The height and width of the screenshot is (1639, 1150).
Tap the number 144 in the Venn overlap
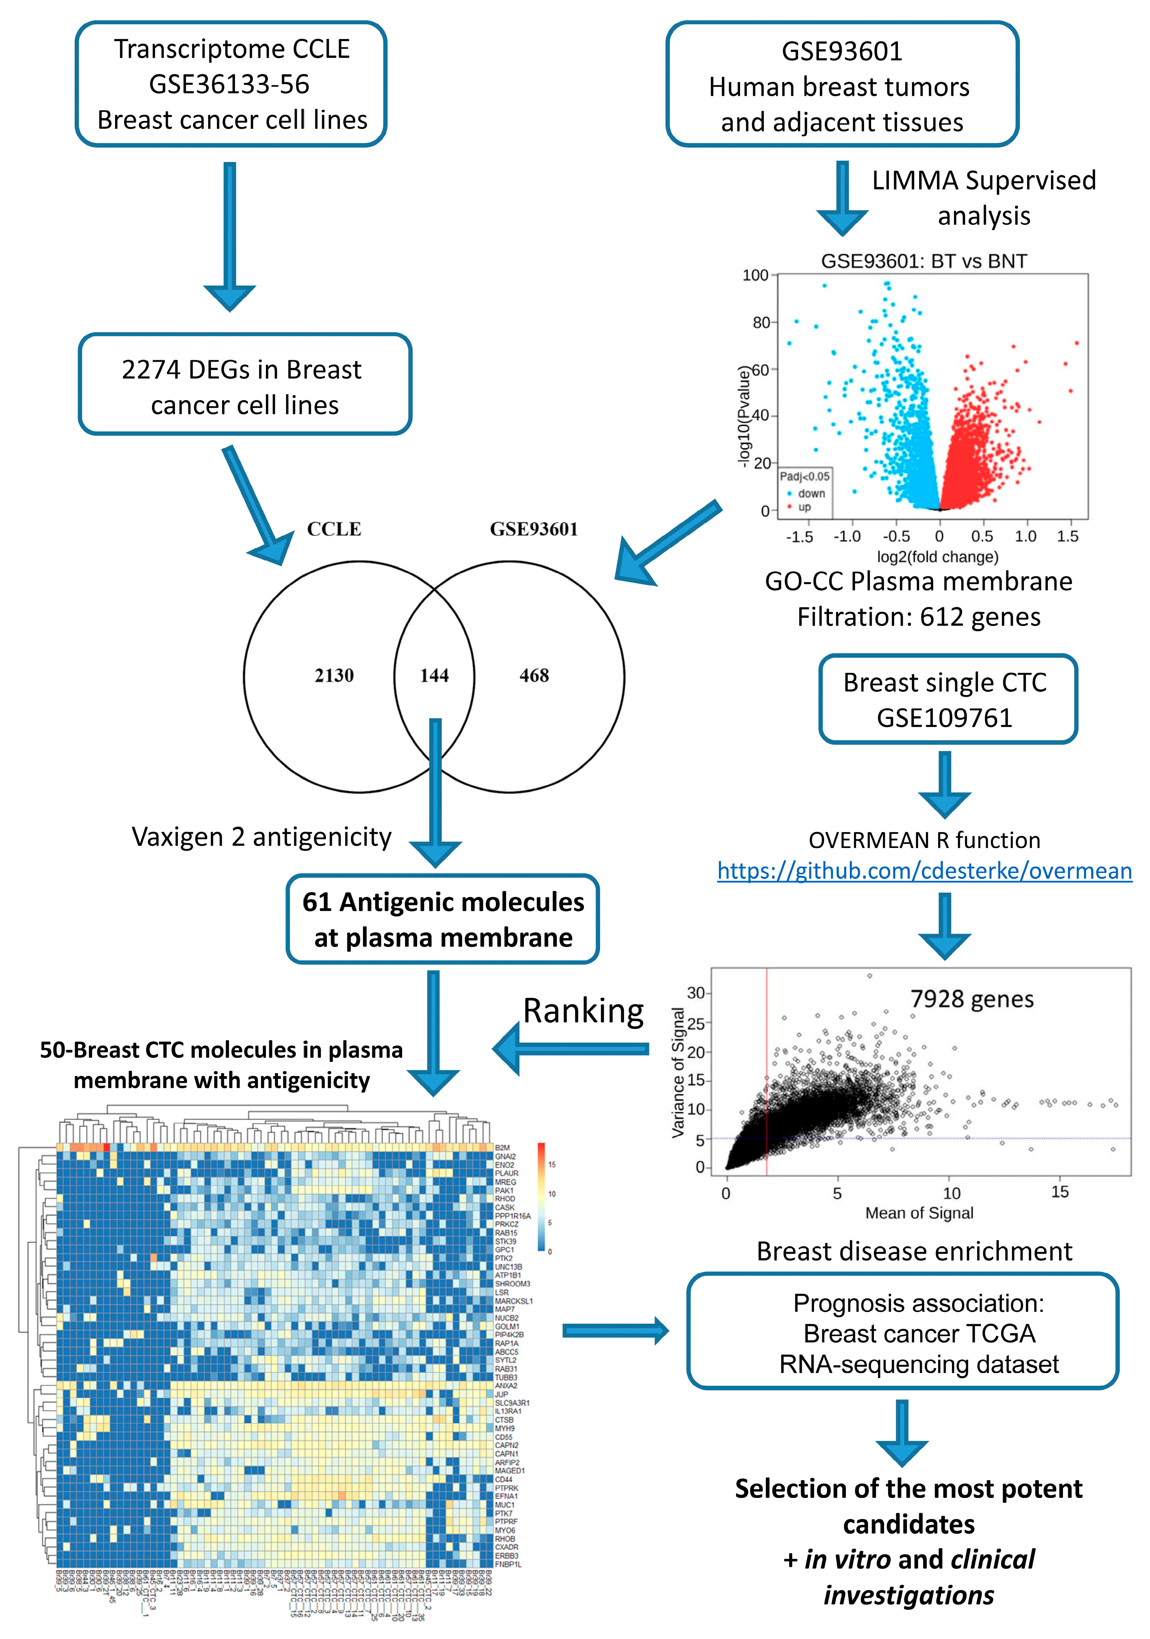point(434,675)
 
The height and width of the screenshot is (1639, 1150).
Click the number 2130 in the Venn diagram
point(334,675)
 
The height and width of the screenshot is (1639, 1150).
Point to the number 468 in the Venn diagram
point(534,675)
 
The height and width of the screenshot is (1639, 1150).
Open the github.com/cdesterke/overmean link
point(924,871)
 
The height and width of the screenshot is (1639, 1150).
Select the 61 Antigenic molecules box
point(442,919)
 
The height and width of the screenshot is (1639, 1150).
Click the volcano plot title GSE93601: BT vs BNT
point(924,261)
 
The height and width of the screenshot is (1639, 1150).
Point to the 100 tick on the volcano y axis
point(755,275)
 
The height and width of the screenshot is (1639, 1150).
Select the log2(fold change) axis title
point(937,557)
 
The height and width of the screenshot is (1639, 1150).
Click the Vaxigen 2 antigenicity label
point(261,837)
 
